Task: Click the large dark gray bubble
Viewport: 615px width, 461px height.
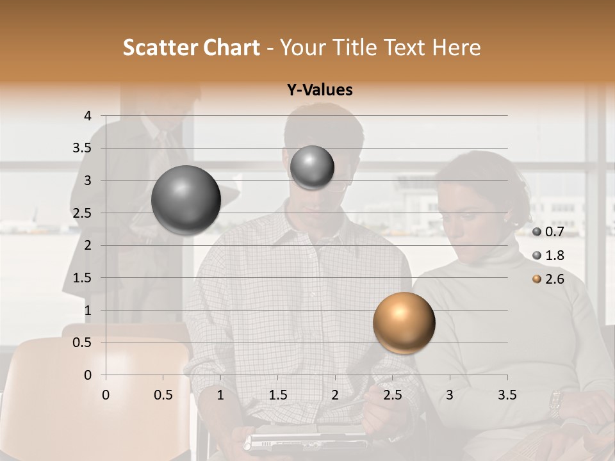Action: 186,200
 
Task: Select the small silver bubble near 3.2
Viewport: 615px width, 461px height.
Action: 312,168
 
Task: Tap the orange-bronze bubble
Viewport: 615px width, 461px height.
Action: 404,323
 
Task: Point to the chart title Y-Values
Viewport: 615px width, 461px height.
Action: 320,90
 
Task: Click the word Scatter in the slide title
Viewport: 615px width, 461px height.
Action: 160,47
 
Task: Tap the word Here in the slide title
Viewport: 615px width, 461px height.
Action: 456,47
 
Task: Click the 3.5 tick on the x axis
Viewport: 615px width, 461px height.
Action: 507,395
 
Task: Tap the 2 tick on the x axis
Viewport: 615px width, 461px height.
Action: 335,395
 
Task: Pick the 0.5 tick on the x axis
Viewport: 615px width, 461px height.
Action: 163,395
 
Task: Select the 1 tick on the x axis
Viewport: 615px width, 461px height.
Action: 220,395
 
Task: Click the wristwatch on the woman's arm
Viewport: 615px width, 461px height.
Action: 555,403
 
